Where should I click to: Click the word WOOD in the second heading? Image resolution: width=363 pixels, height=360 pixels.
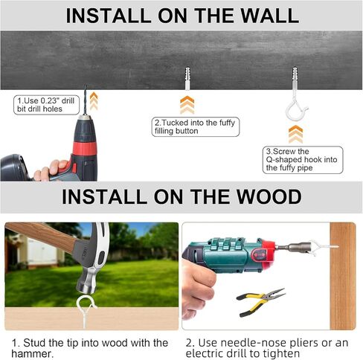[x=269, y=196]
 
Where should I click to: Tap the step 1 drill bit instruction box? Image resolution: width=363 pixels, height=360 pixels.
[x=47, y=105]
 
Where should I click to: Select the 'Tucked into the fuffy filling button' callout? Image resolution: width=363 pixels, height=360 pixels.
[x=196, y=126]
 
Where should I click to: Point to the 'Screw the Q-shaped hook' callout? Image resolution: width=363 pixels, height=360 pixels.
[x=303, y=160]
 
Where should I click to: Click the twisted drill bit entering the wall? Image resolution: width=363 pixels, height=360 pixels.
[x=86, y=100]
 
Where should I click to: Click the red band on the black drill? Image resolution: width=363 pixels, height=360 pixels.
[x=85, y=149]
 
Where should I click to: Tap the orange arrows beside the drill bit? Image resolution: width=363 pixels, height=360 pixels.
[x=94, y=101]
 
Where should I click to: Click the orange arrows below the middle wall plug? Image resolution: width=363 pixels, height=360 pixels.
[x=187, y=105]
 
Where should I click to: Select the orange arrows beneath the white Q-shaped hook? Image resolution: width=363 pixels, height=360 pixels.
[x=295, y=134]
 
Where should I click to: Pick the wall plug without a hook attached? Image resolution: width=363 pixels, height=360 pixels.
[x=187, y=78]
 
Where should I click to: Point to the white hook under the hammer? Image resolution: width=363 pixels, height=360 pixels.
[x=85, y=311]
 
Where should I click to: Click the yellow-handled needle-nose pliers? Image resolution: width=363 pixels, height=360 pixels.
[x=260, y=302]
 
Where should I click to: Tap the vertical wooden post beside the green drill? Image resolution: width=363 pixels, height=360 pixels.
[x=343, y=276]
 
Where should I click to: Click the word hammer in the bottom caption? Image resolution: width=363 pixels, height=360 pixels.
[x=32, y=353]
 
